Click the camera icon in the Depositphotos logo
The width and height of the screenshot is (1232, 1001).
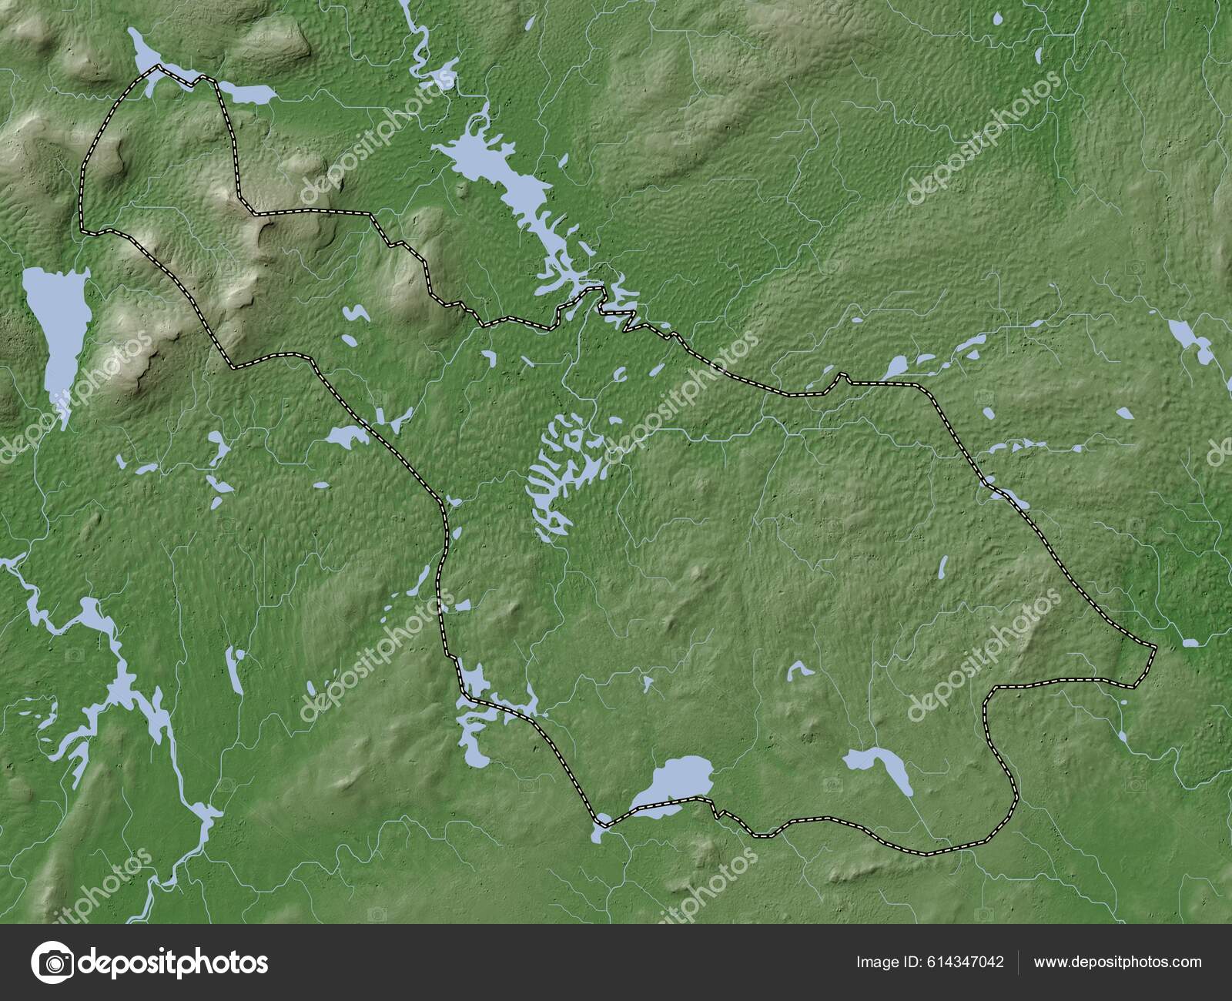pos(53,962)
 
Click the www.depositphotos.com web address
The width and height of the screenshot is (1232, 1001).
pos(1117,962)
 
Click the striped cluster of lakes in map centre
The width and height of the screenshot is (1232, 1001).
pos(566,470)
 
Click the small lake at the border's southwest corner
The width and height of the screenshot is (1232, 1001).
pos(601,830)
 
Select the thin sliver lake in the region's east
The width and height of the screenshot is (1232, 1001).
pos(942,568)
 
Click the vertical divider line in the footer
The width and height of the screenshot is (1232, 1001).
pos(1018,962)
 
